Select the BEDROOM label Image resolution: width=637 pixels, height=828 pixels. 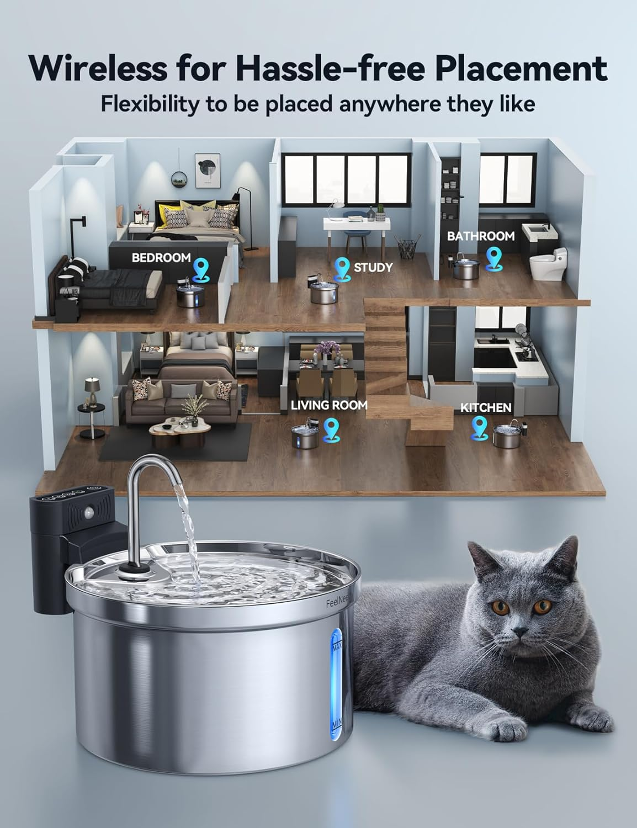click(161, 258)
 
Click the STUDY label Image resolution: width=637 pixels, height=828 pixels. click(373, 268)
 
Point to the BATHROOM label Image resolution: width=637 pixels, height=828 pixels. click(480, 236)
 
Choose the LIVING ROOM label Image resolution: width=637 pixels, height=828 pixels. click(329, 405)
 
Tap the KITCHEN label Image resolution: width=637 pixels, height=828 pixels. click(486, 408)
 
